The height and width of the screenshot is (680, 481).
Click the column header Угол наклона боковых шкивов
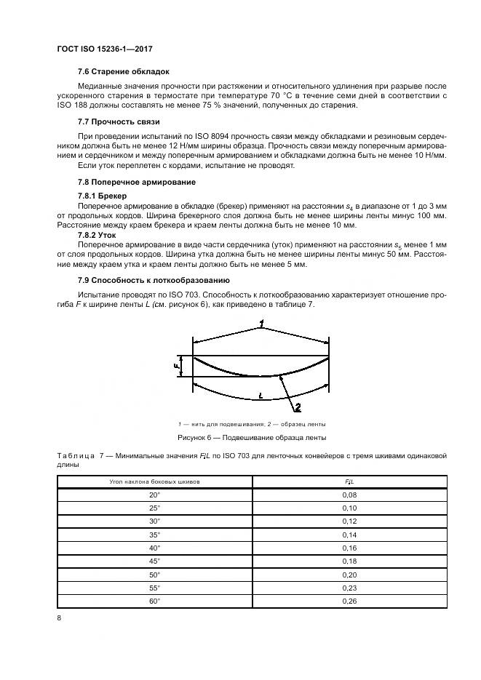click(x=154, y=481)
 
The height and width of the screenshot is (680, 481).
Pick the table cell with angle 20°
click(x=154, y=495)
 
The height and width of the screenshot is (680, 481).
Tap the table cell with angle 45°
click(x=154, y=561)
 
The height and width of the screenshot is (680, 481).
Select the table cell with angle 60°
click(x=154, y=601)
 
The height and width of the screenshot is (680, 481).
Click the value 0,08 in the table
click(x=349, y=495)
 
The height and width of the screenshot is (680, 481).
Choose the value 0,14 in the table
click(x=349, y=535)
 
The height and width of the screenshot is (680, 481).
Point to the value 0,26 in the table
click(x=349, y=601)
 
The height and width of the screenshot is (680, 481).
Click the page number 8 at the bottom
click(x=59, y=618)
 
